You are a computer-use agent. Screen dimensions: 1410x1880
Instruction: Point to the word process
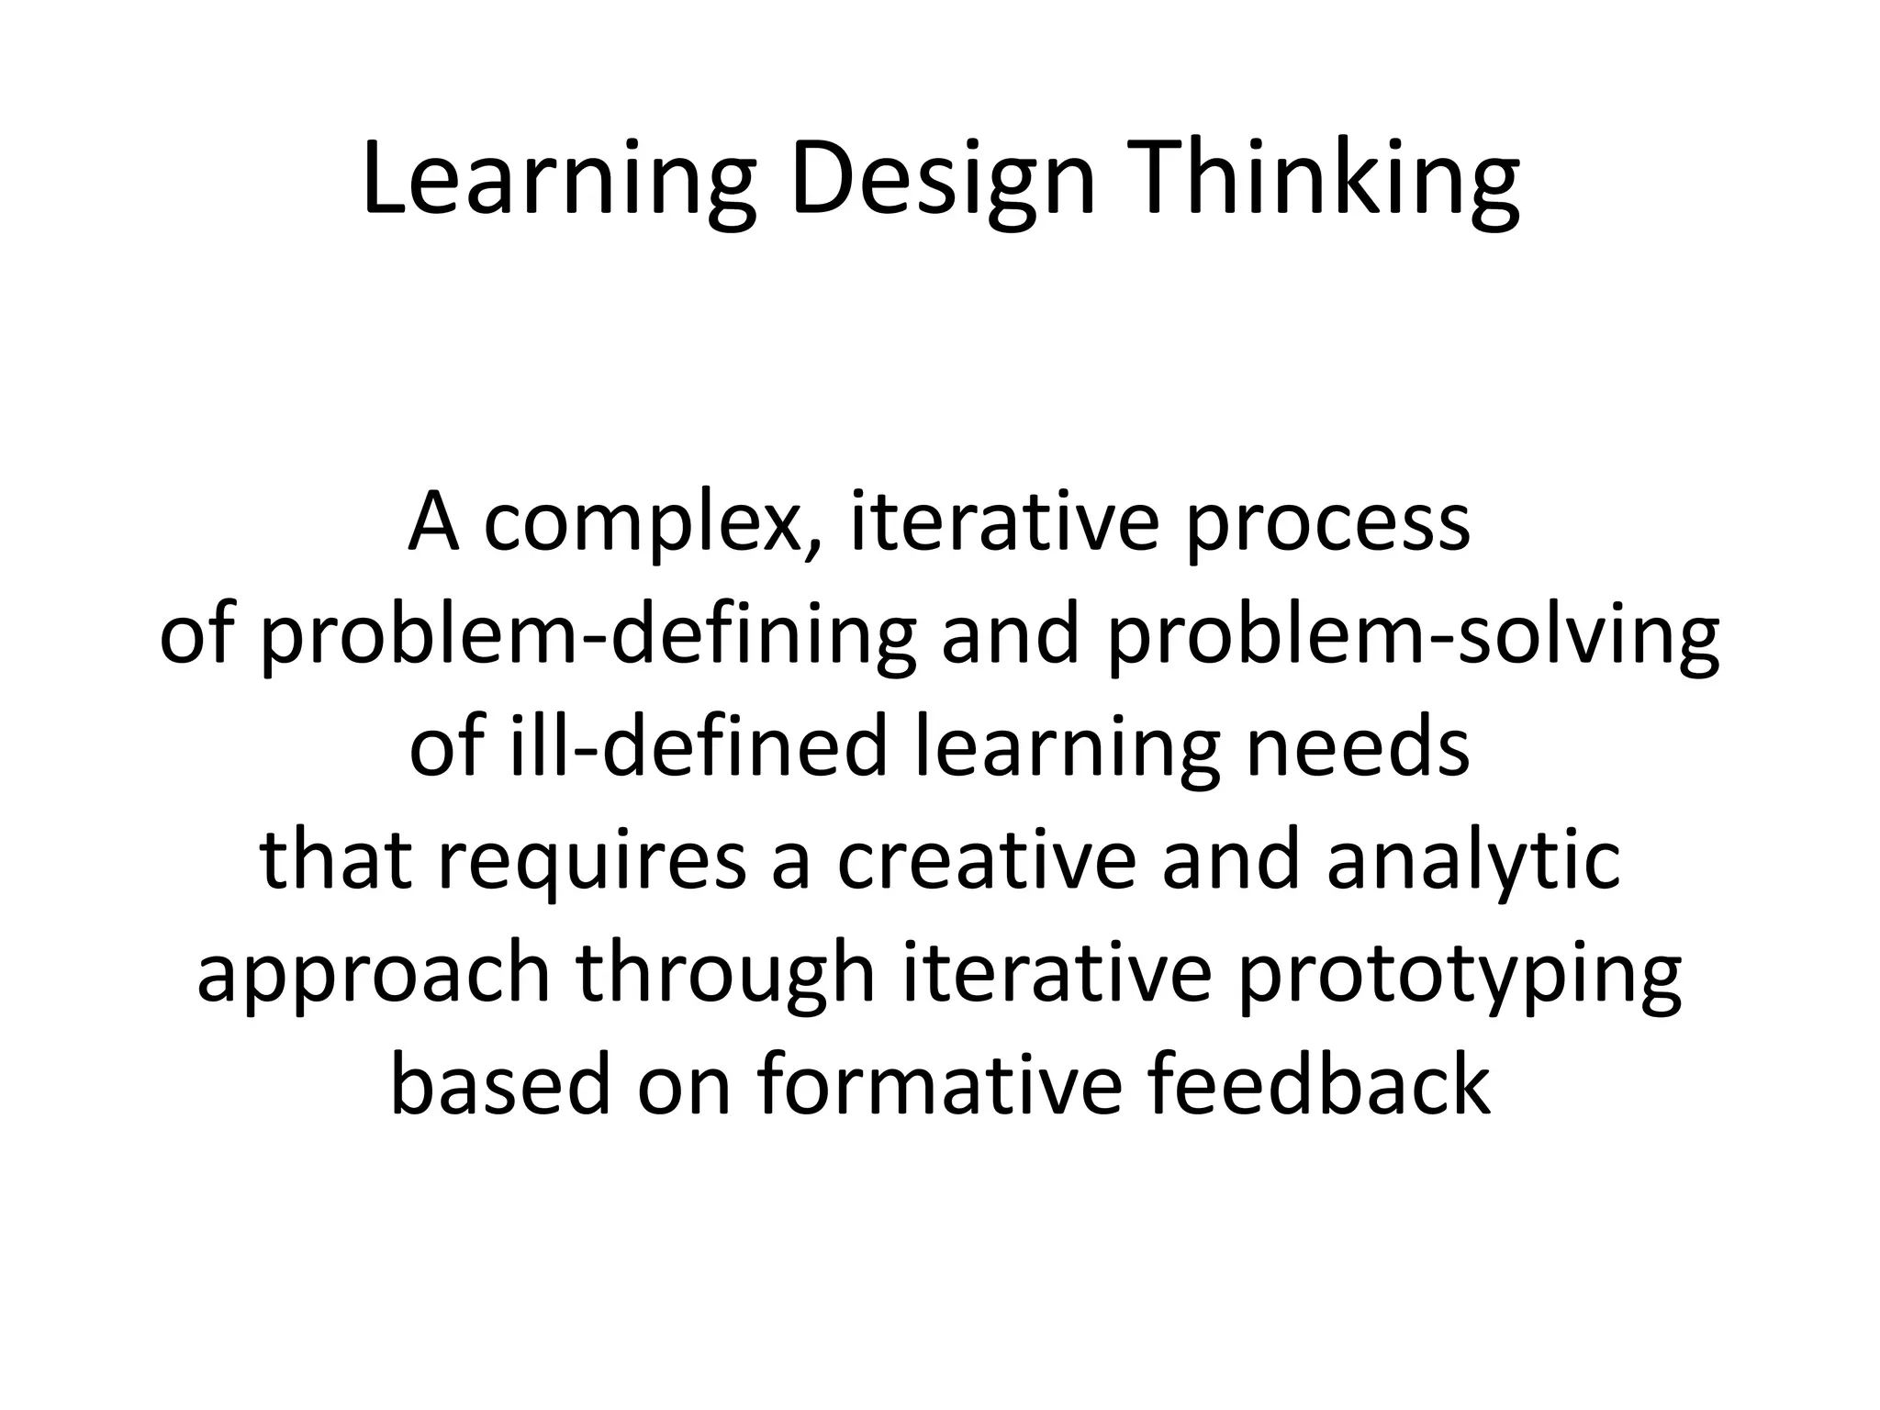click(1327, 524)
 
